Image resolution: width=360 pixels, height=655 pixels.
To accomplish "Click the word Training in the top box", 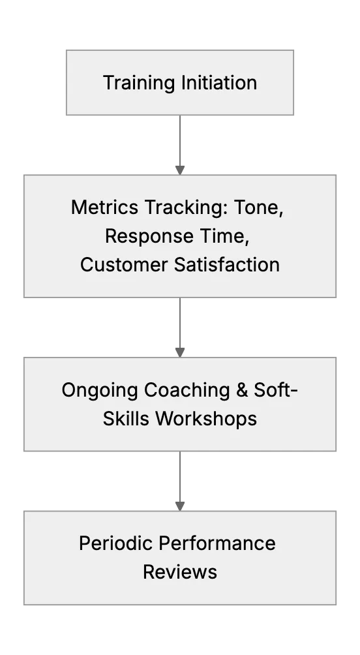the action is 139,83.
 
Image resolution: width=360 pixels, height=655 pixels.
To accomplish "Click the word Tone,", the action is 258,207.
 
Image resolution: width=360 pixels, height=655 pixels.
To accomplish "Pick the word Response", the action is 149,236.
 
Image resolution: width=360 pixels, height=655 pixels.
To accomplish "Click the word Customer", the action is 124,265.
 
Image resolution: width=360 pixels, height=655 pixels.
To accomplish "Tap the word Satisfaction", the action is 227,265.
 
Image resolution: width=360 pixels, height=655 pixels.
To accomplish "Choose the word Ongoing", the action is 100,391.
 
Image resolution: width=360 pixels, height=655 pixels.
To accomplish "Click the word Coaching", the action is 187,391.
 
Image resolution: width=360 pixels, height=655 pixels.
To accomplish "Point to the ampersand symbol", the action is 242,390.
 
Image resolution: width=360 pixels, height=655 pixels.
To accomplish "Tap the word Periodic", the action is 116,544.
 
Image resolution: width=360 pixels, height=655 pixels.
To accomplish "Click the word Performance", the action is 217,544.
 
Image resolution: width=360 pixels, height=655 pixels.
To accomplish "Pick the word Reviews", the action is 180,572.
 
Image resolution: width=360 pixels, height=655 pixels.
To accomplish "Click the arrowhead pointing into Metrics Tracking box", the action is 180,170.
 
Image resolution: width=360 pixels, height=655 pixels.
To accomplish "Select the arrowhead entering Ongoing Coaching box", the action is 180,353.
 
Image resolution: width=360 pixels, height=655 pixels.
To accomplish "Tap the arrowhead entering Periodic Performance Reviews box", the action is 180,506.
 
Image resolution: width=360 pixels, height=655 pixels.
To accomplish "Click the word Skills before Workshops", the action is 126,419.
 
